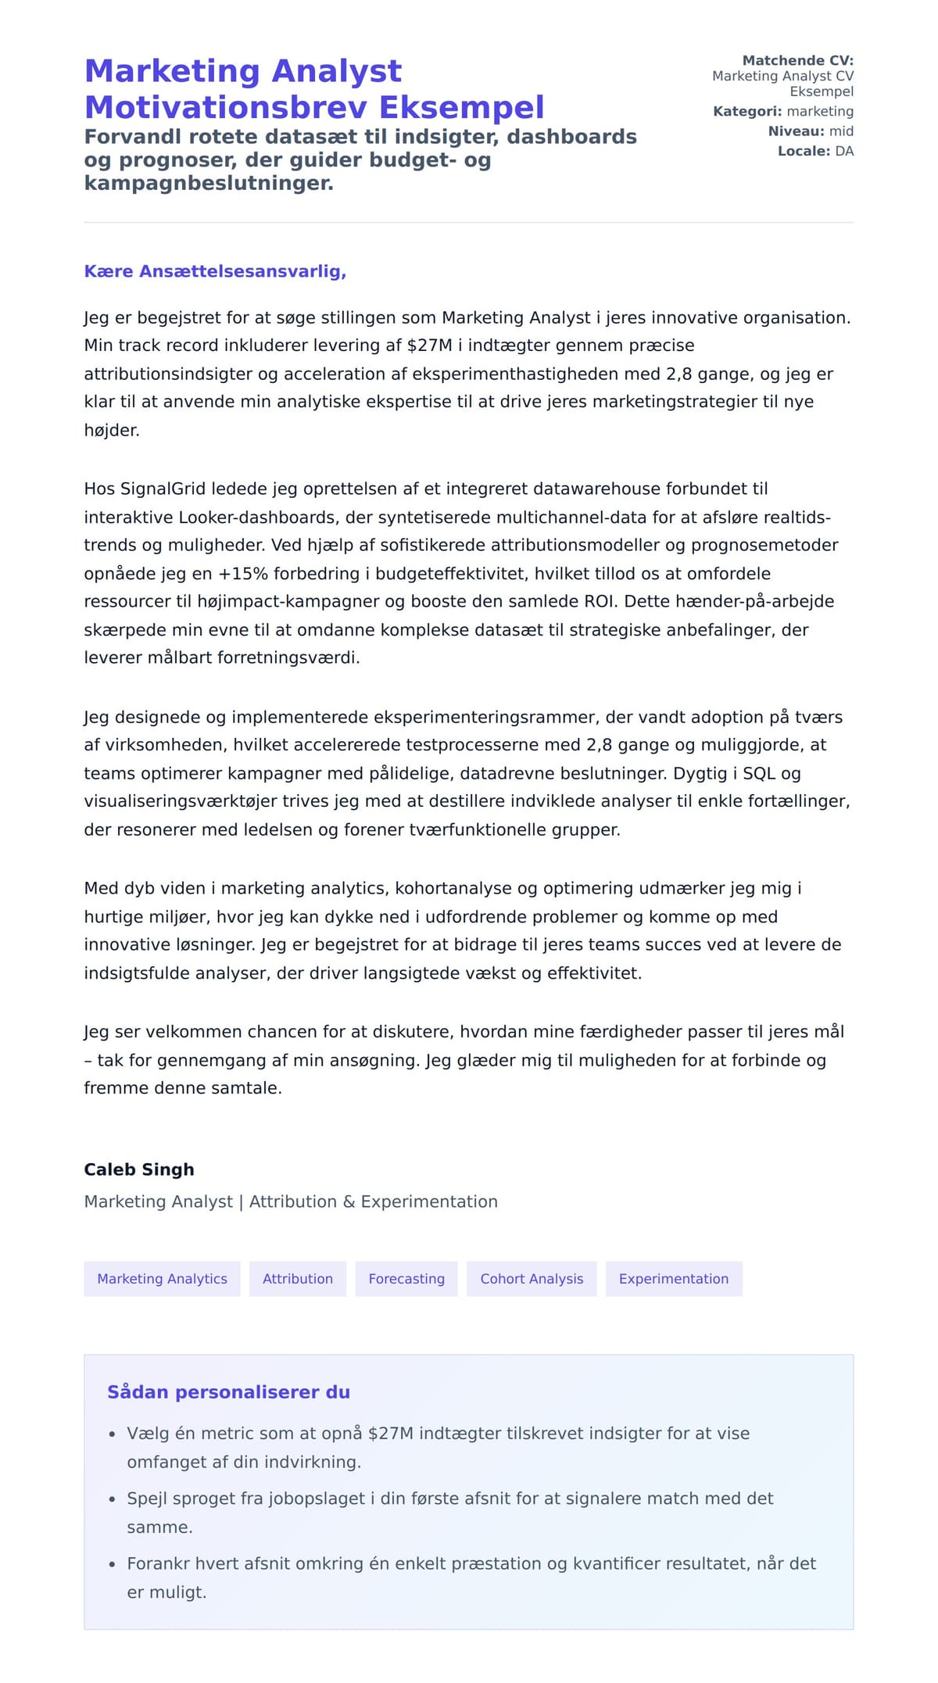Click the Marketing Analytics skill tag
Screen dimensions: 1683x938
[x=162, y=1279]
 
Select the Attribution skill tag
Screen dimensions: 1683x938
[x=297, y=1279]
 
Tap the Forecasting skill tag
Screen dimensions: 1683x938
[x=406, y=1279]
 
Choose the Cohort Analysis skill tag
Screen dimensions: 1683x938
[x=532, y=1279]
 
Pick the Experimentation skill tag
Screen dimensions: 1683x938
[x=673, y=1279]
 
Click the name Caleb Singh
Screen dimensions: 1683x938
[x=139, y=1169]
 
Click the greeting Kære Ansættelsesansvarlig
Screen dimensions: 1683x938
[x=215, y=271]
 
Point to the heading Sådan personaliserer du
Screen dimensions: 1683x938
[x=228, y=1392]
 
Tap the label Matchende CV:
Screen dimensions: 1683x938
[x=797, y=60]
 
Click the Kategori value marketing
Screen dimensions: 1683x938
[x=820, y=111]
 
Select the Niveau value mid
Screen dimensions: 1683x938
[x=841, y=131]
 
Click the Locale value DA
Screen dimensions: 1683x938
[x=844, y=151]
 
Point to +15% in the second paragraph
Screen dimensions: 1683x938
[x=242, y=574]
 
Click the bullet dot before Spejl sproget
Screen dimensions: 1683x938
[x=112, y=1500]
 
